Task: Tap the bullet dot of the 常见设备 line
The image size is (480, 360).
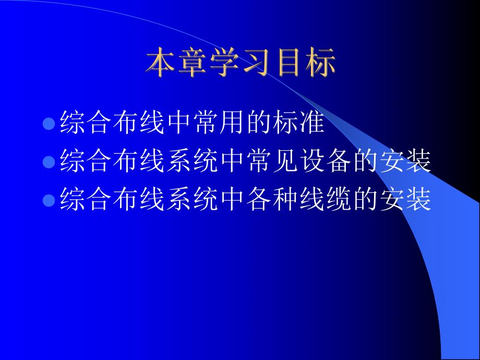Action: pyautogui.click(x=49, y=162)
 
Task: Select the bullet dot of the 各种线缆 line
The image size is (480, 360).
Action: pyautogui.click(x=49, y=200)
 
